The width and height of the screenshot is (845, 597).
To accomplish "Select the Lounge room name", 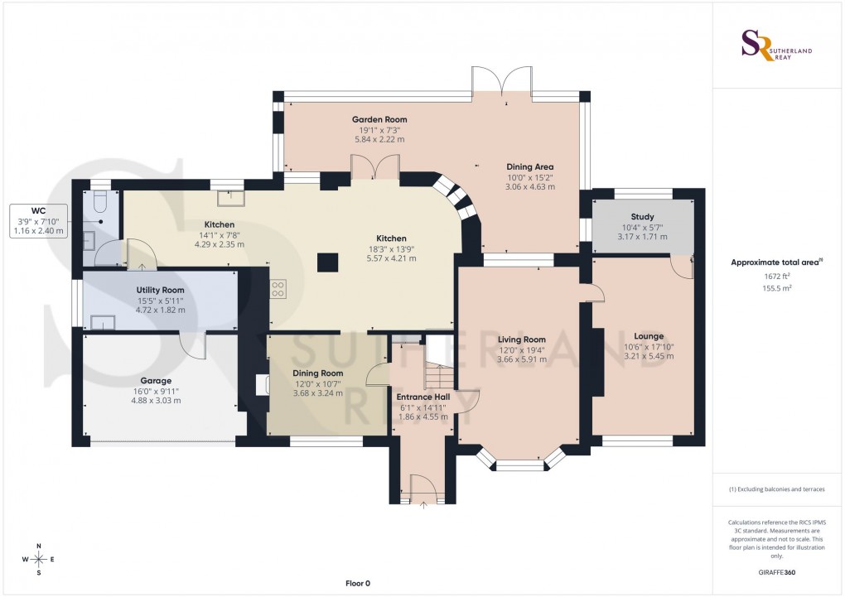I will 649,336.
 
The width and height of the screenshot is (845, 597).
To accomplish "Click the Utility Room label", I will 160,290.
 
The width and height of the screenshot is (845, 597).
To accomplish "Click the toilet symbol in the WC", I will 100,201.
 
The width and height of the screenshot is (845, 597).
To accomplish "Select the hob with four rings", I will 279,289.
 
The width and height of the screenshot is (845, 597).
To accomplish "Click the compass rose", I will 39,560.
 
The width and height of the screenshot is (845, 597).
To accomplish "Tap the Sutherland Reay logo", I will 775,45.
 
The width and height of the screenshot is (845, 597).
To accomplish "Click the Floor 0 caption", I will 358,584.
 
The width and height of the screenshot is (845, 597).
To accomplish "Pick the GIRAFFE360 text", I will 775,572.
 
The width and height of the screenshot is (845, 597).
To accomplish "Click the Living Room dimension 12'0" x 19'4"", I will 522,349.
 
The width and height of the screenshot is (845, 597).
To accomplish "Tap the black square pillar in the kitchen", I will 328,262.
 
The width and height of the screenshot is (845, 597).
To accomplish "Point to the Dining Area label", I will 530,166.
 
